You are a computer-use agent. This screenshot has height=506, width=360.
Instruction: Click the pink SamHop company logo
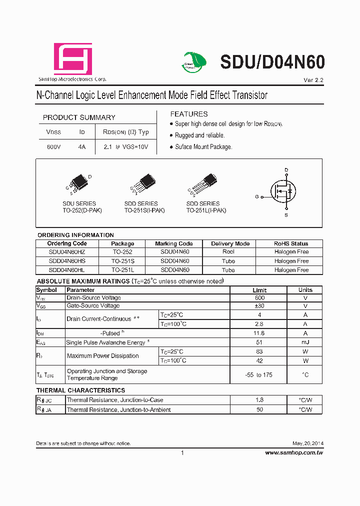point(72,59)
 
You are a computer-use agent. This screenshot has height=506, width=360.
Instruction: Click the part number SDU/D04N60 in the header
point(272,62)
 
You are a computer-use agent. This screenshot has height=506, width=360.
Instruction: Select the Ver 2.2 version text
point(313,80)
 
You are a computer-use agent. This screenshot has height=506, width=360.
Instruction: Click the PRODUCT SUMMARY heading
point(79,117)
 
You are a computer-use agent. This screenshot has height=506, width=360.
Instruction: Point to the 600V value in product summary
point(53,147)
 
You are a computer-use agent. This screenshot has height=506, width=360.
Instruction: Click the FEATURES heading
point(189,114)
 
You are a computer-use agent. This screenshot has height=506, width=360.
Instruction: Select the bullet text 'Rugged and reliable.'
point(199,135)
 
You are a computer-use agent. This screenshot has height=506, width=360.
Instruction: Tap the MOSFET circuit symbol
point(284,191)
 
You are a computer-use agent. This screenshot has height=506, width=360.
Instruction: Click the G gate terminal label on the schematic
point(257,197)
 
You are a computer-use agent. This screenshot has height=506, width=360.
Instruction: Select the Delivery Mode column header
point(230,243)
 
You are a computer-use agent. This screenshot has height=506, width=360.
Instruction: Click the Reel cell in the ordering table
point(228,252)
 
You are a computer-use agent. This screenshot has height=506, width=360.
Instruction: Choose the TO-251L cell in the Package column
point(122,270)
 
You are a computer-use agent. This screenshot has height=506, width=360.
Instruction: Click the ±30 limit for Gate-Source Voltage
point(259,306)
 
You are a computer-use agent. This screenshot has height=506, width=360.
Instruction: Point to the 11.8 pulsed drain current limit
point(259,333)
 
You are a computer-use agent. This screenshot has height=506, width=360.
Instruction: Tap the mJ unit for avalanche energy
point(305,342)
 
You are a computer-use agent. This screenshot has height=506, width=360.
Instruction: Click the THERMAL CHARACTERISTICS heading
point(80,390)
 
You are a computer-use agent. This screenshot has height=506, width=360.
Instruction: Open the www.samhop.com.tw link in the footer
point(294,452)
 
